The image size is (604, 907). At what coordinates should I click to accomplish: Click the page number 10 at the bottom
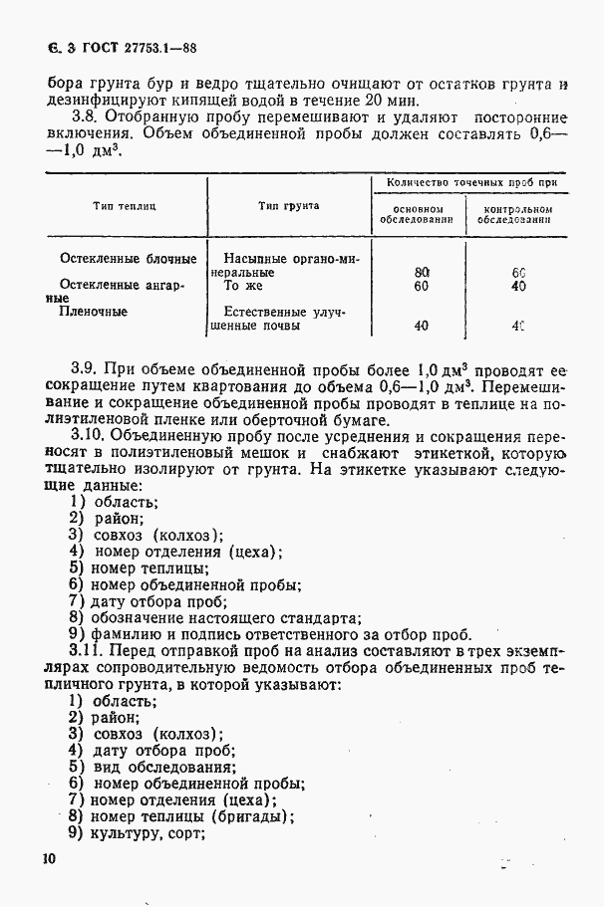(x=50, y=857)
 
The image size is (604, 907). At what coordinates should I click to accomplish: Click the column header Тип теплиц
(x=125, y=205)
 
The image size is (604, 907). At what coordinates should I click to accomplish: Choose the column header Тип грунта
(x=288, y=205)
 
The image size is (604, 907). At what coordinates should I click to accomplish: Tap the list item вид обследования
(x=164, y=767)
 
